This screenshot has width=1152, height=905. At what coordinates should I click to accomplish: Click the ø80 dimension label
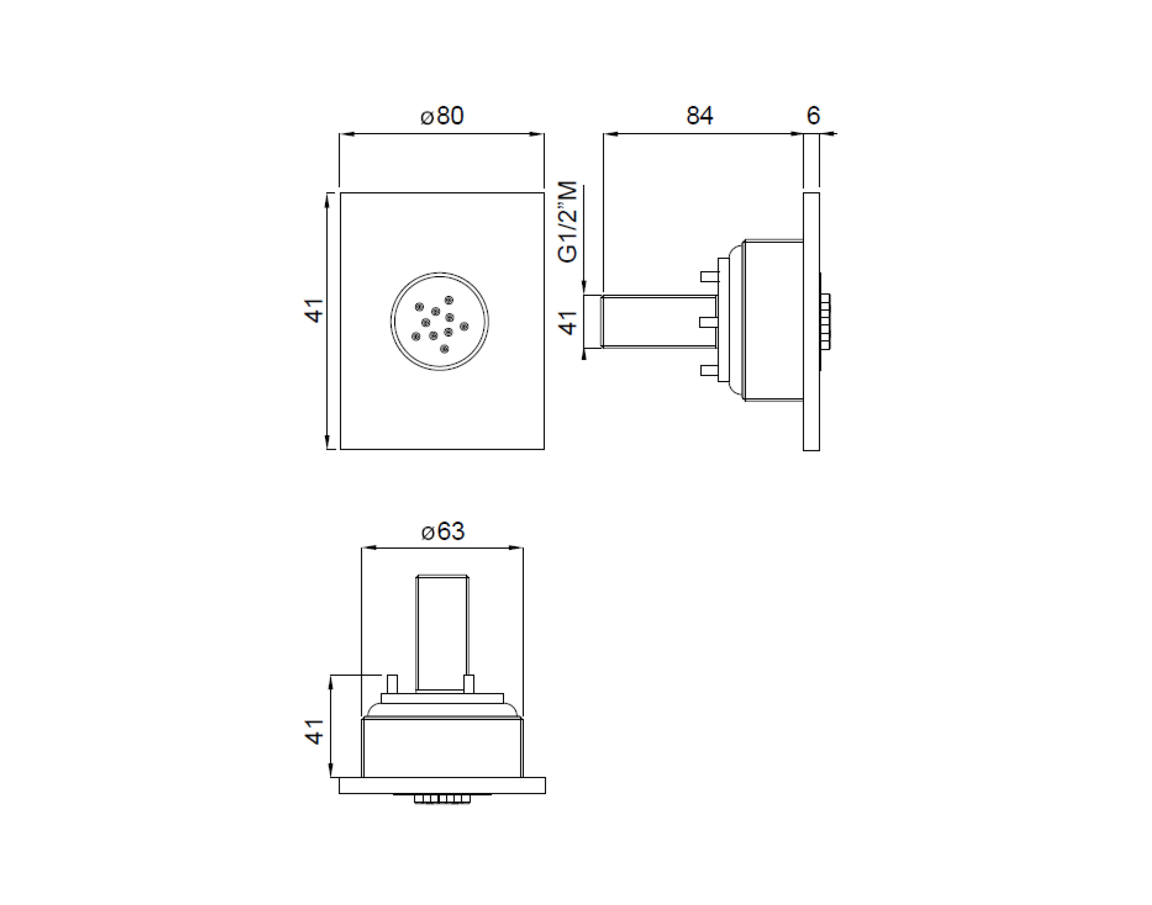tap(442, 116)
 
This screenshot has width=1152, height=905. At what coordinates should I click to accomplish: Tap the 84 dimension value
tap(700, 116)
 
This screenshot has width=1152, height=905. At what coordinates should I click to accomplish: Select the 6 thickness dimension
tap(813, 116)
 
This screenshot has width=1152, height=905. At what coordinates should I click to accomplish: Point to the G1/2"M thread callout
tap(568, 222)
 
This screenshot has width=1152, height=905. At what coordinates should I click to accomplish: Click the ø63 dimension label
tap(443, 531)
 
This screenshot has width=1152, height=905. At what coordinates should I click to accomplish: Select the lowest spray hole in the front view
tap(445, 348)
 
